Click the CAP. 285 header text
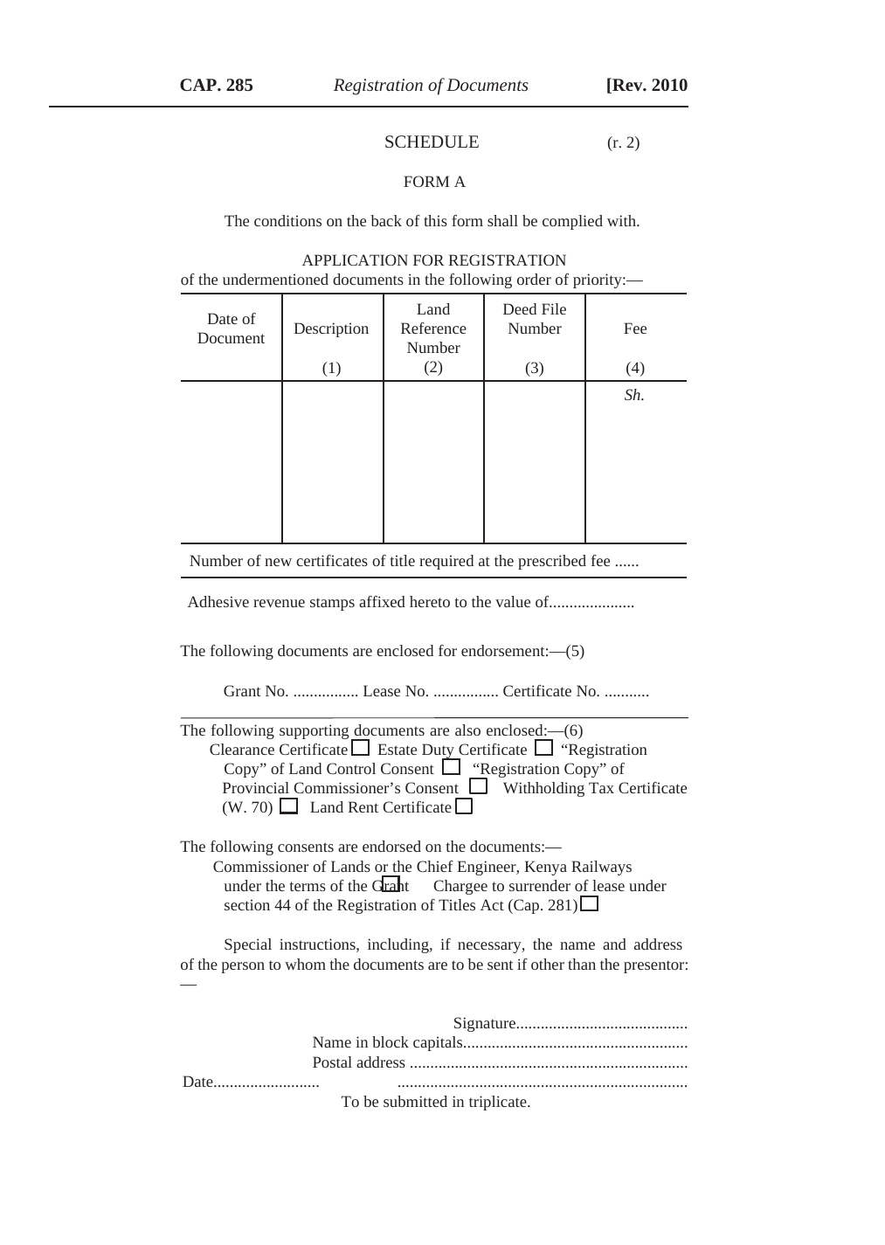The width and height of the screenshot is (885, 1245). coord(216,85)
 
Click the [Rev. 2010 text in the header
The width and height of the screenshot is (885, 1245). coord(646,85)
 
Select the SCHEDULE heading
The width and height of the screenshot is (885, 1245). coord(432,142)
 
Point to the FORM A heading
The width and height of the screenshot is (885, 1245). coord(434,182)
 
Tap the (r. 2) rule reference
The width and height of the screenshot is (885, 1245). coord(623,142)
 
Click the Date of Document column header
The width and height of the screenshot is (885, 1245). coord(231,329)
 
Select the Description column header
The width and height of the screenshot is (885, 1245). coord(331,329)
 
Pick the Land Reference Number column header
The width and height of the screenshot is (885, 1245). coord(433,329)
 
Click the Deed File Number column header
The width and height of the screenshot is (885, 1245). coord(535,319)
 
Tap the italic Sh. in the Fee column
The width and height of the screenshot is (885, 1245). coord(634,395)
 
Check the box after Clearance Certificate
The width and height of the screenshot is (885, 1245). coord(360,749)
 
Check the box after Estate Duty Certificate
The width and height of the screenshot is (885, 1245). coord(543,748)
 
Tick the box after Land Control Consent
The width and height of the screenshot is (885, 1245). coord(451,768)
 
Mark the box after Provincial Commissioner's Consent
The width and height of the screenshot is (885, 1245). coord(478,786)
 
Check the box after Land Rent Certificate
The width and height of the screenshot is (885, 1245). coord(464,806)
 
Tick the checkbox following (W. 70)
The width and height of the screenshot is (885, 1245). coord(288,806)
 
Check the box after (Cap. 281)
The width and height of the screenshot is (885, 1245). coord(590,903)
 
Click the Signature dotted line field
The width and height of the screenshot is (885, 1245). coord(602,1024)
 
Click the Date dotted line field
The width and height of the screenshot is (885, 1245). coord(266,1082)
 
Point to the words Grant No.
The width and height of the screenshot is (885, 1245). coord(256,691)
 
